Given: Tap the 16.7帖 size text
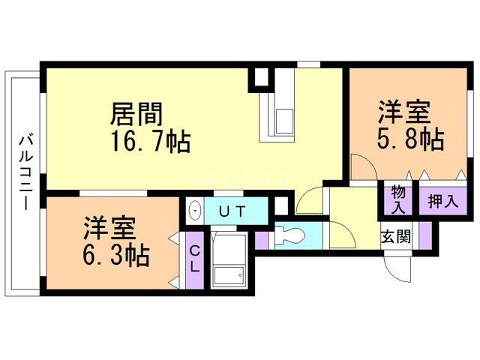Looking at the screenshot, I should click(x=150, y=140).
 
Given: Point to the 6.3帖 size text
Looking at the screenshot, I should click(x=115, y=255).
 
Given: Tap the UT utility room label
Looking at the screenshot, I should click(x=231, y=211).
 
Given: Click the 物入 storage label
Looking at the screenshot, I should click(x=398, y=200).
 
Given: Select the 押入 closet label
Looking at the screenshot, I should click(x=442, y=200).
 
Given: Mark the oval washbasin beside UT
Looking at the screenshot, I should click(x=194, y=211).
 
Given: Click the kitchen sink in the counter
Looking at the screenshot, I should click(x=285, y=120).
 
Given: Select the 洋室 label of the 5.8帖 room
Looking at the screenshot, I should click(x=403, y=112).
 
